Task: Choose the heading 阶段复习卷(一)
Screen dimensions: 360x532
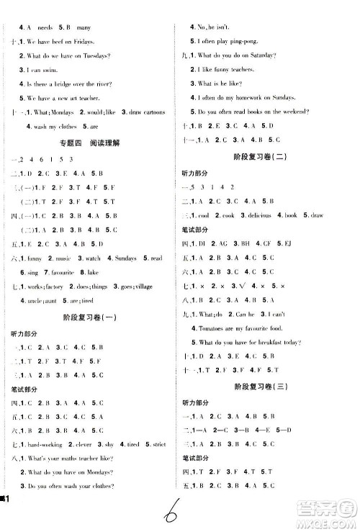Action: [x=89, y=318]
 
